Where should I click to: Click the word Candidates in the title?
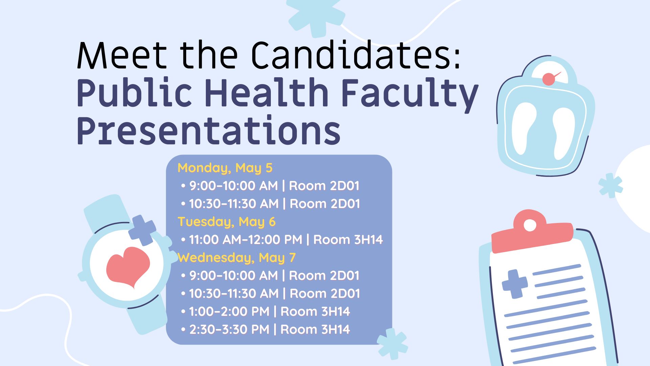tap(355, 55)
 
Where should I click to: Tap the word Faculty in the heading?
tap(409, 93)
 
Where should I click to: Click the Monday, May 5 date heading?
tap(225, 168)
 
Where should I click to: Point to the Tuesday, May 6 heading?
tap(226, 222)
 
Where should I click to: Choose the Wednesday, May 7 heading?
tap(237, 258)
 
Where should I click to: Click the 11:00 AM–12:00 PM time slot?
tap(245, 240)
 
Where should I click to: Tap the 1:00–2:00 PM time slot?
tap(229, 311)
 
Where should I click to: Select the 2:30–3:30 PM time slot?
tap(229, 329)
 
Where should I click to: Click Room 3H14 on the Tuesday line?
tap(348, 240)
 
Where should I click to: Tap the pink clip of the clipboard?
tap(532, 231)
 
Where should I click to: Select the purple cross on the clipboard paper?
tap(515, 284)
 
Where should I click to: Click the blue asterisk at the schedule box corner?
tap(392, 343)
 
